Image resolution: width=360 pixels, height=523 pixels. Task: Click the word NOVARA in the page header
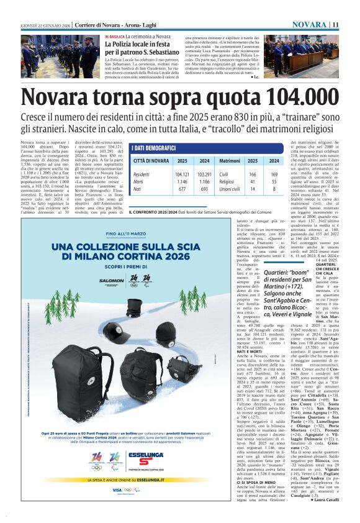(x=309, y=24)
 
